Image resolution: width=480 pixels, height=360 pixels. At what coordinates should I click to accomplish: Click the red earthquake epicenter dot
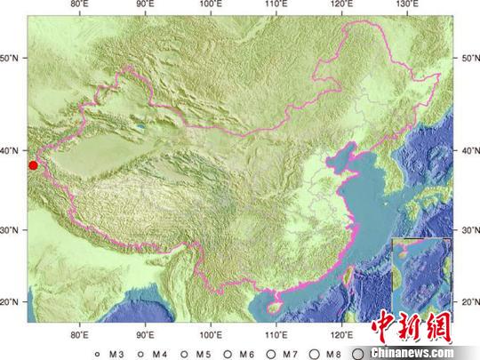click(x=33, y=164)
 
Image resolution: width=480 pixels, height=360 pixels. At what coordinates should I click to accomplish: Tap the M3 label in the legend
click(x=115, y=353)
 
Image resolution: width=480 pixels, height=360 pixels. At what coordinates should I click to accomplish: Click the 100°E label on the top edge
click(x=211, y=6)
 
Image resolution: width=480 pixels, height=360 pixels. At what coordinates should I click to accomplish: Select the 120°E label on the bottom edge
click(x=341, y=335)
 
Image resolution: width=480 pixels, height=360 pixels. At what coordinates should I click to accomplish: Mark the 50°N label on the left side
click(x=12, y=59)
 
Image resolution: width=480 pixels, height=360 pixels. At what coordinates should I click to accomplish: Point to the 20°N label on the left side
click(x=12, y=302)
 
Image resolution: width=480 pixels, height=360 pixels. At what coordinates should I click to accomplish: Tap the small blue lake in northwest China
click(x=140, y=127)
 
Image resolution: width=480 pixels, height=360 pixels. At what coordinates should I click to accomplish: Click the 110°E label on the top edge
click(x=276, y=6)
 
